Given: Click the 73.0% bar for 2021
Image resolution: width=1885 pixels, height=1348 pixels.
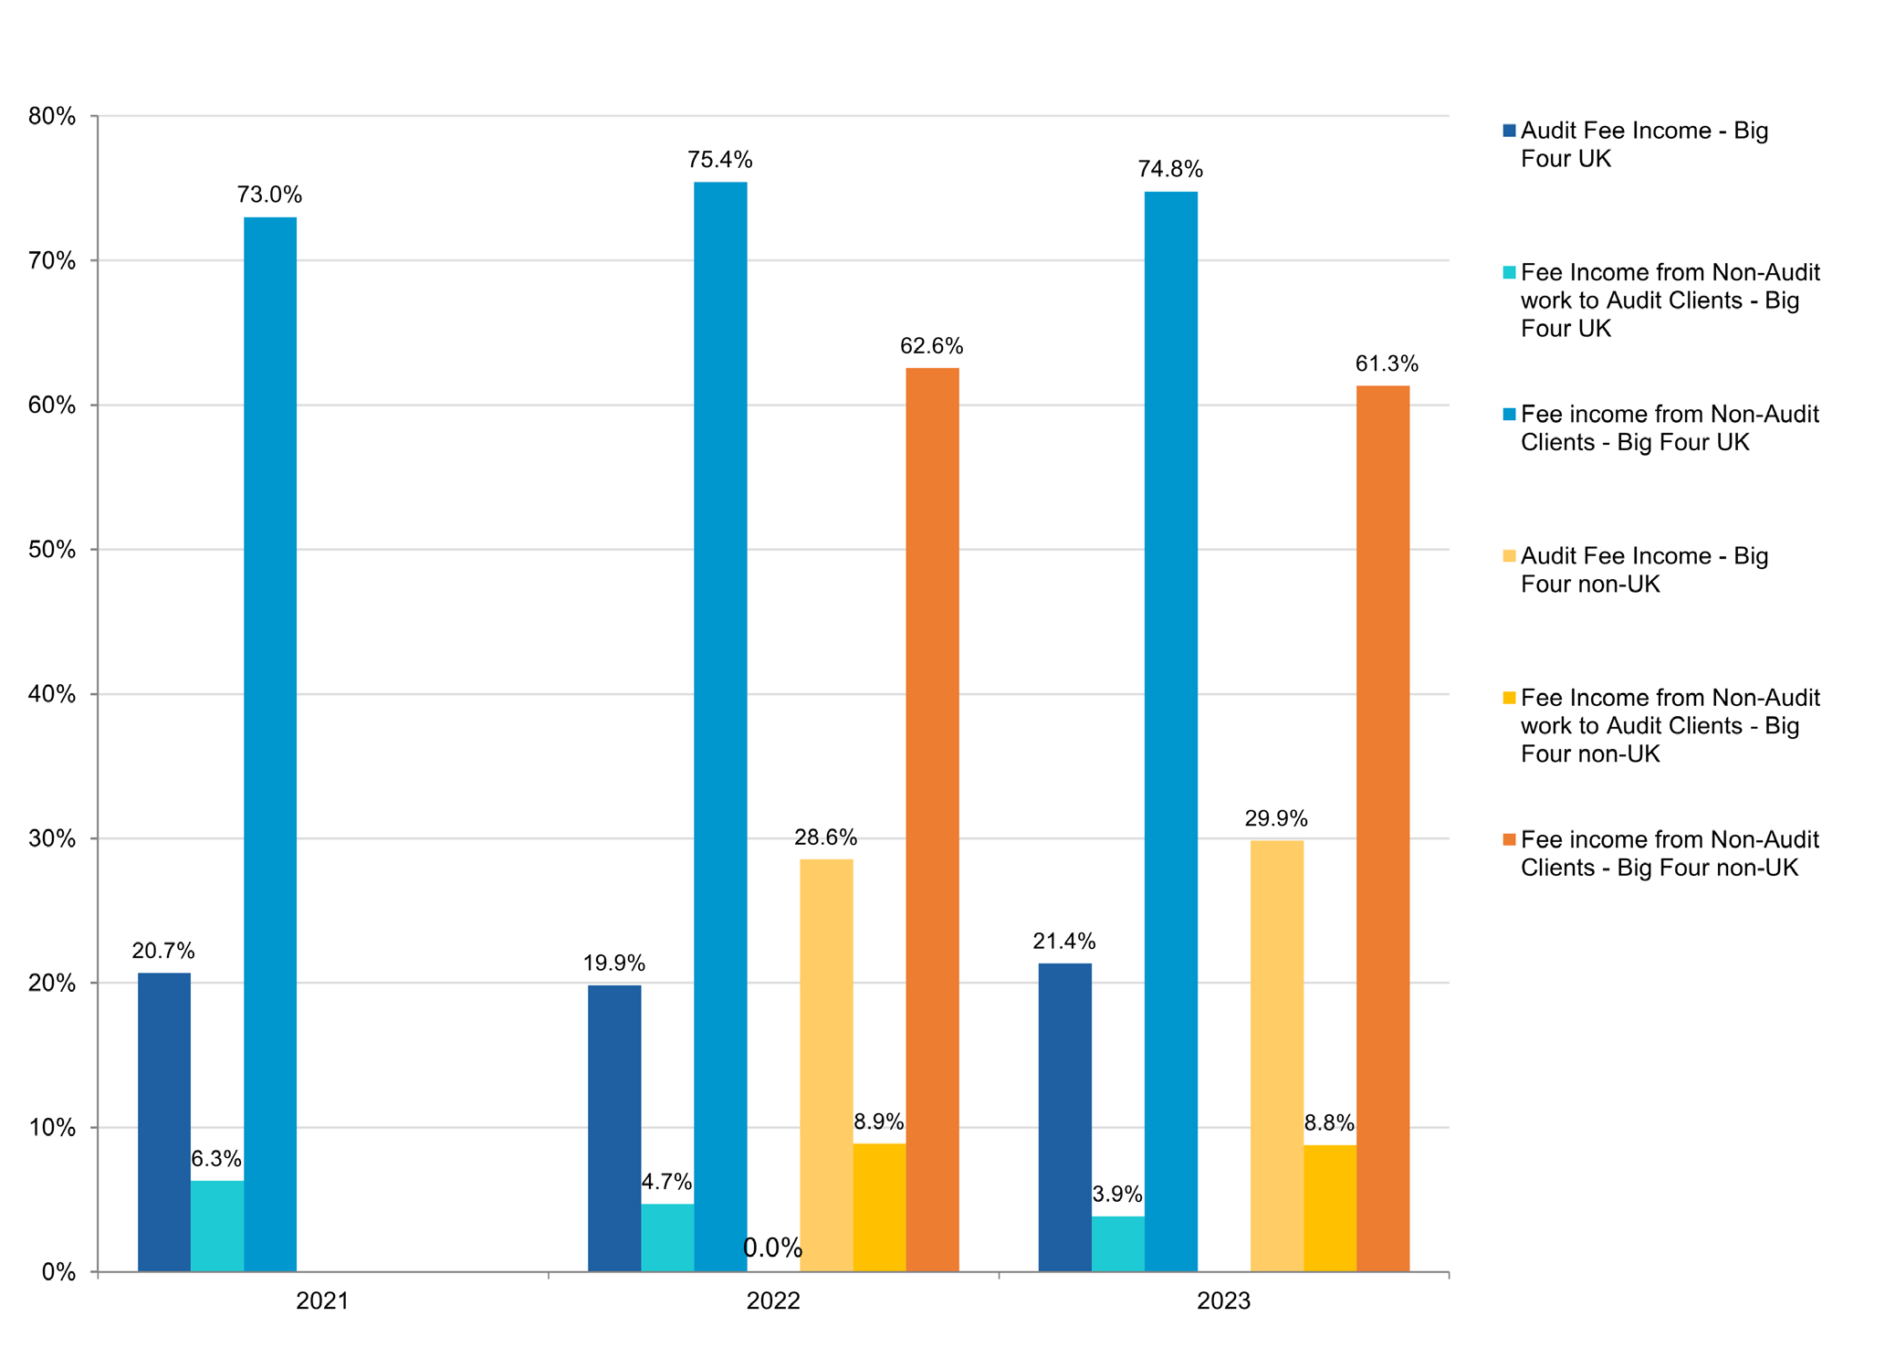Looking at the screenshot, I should tap(270, 744).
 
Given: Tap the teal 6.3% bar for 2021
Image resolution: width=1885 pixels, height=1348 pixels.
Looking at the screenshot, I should tap(217, 1226).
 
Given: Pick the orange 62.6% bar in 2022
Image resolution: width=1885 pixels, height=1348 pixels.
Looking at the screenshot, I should tap(932, 819).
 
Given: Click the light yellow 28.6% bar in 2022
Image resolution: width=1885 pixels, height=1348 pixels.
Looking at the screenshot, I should tap(826, 1065).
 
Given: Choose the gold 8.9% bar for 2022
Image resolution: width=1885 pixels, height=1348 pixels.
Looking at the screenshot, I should tap(879, 1206).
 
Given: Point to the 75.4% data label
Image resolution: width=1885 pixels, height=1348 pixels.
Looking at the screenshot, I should tap(719, 161).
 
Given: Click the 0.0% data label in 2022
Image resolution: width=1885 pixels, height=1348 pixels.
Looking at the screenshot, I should tap(772, 1248).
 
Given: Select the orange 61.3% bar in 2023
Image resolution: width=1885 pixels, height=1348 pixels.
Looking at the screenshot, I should tap(1382, 828).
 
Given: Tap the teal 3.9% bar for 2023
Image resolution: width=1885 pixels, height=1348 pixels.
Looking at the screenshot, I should tap(1117, 1243).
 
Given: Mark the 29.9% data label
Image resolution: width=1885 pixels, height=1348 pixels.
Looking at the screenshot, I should tap(1275, 818).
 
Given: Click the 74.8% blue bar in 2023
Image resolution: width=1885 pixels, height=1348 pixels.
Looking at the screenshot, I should tap(1170, 731).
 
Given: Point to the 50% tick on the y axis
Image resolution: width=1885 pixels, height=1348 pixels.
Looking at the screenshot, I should tap(52, 550).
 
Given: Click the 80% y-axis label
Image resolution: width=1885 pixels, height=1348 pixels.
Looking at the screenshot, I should tap(52, 116).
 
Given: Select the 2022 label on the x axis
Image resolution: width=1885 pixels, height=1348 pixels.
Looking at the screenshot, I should tap(772, 1301).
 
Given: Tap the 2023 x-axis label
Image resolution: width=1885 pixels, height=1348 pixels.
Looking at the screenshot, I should tap(1223, 1301).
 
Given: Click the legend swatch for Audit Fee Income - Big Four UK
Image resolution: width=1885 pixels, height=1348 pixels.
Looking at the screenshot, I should tap(1509, 131).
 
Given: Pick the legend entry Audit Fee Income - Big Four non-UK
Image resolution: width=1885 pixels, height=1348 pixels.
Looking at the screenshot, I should tap(1643, 570).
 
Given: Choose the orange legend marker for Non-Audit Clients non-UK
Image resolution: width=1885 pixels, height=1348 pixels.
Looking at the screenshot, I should tap(1509, 839).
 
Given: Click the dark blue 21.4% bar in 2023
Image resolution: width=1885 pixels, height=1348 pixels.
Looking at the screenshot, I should tap(1064, 1117).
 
